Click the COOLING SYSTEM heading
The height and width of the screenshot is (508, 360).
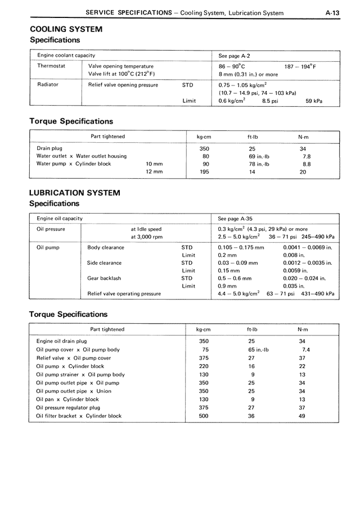(x=66, y=29)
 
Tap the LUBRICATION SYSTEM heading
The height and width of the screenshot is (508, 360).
(x=74, y=193)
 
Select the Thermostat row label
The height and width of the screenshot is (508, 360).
(x=51, y=66)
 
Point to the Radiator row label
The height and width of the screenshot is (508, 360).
(x=48, y=85)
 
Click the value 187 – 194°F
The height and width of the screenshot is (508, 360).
(x=300, y=66)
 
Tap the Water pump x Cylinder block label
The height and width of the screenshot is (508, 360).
(x=74, y=164)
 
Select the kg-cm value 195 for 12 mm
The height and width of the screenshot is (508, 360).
(x=204, y=172)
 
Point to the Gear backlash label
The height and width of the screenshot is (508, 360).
(x=105, y=278)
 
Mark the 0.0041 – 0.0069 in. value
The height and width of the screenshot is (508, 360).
(x=308, y=247)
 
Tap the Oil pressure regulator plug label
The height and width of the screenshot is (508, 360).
(x=68, y=407)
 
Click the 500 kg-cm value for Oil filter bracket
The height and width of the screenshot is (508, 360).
(x=204, y=416)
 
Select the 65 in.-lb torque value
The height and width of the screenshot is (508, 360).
(x=259, y=350)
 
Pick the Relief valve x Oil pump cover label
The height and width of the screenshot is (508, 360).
(x=74, y=358)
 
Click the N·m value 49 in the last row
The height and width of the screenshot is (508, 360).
(x=303, y=416)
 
